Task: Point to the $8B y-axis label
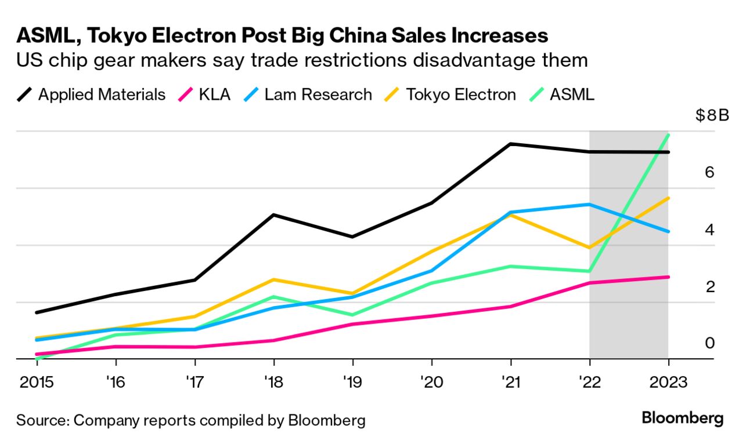(x=712, y=115)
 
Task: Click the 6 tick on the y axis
(x=709, y=173)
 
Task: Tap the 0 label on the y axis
(x=709, y=344)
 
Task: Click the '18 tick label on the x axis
(x=273, y=383)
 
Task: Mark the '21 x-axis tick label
(x=510, y=383)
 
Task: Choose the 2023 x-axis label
(x=668, y=383)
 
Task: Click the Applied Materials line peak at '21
(x=510, y=144)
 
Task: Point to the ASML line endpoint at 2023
(x=668, y=135)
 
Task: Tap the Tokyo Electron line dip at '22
(x=589, y=248)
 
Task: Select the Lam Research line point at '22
(x=589, y=204)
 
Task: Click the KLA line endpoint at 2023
(x=668, y=277)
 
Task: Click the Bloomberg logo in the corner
(x=683, y=418)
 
